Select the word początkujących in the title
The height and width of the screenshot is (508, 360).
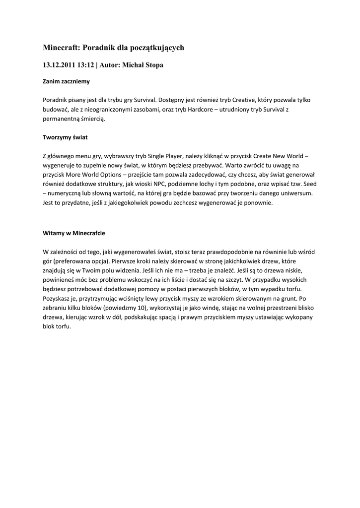(x=158, y=48)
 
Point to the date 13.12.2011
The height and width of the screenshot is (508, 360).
(x=58, y=65)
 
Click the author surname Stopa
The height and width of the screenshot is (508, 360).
(x=153, y=65)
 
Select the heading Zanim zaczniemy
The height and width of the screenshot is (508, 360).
(x=66, y=80)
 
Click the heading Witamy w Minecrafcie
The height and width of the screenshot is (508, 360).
(x=73, y=233)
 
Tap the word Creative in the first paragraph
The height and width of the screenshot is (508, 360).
(x=226, y=100)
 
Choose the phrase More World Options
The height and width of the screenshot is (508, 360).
(x=95, y=175)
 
